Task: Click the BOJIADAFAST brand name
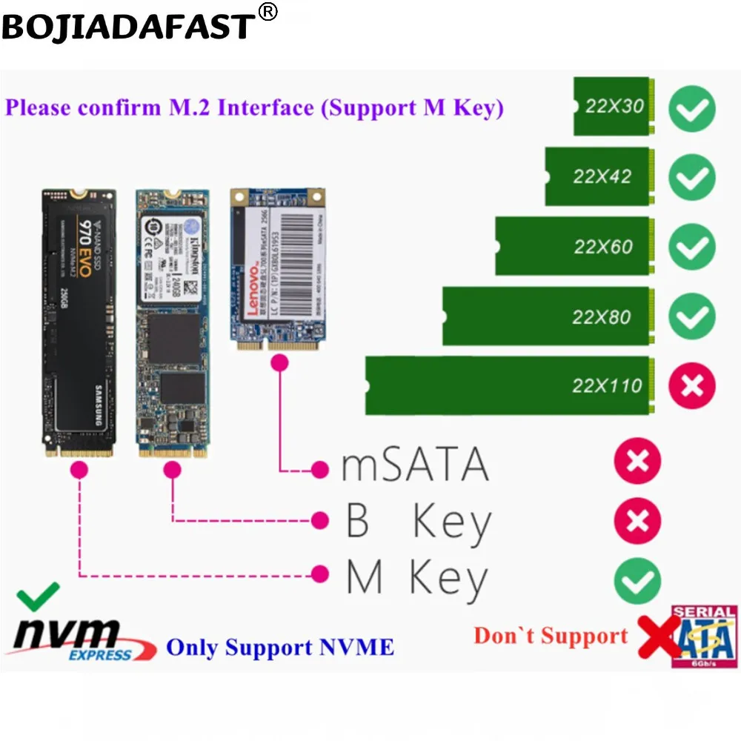click(x=127, y=27)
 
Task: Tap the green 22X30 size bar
click(x=614, y=107)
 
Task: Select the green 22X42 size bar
click(x=601, y=176)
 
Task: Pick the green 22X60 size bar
click(x=575, y=246)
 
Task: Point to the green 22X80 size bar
click(x=549, y=317)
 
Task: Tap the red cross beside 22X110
click(x=692, y=385)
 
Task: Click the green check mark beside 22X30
click(x=692, y=108)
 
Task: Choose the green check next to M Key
click(x=637, y=579)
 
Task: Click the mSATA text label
click(x=415, y=465)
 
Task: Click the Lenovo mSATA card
click(x=279, y=268)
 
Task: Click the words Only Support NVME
click(x=280, y=647)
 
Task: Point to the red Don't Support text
click(x=551, y=636)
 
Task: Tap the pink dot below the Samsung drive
click(x=79, y=470)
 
